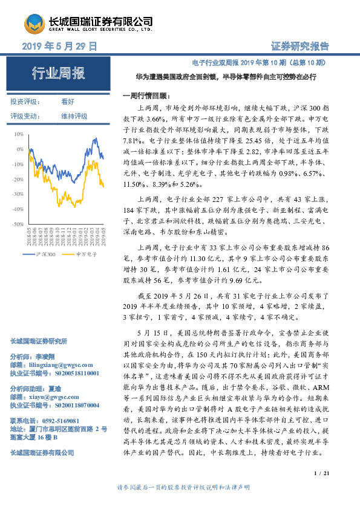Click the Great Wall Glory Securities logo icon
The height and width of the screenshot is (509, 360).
(35, 24)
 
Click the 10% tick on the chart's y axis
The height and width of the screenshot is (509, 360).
(19, 134)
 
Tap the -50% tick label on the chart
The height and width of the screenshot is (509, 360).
(18, 224)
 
